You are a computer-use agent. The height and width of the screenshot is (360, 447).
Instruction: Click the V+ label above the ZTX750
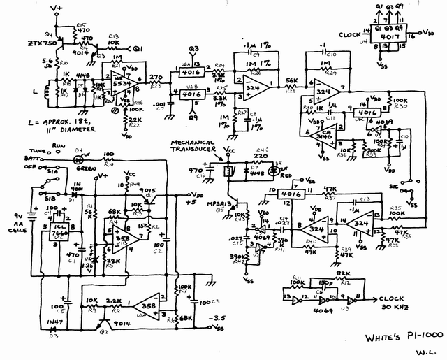pyautogui.click(x=57, y=8)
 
